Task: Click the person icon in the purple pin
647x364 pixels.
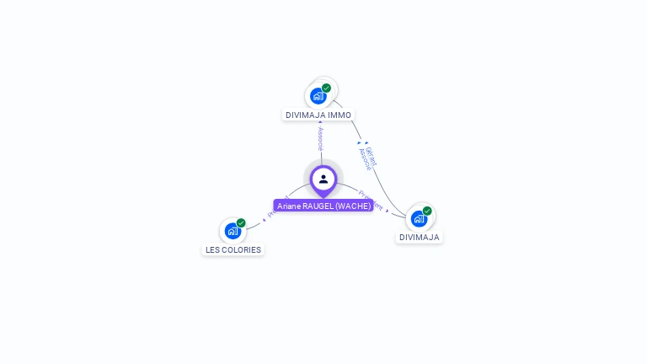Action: [x=323, y=179]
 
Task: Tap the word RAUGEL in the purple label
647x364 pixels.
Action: [x=317, y=206]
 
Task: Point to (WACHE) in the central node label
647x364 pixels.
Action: [x=353, y=206]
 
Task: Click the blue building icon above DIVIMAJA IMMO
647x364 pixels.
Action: [x=318, y=96]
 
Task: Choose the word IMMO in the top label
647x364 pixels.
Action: [x=340, y=115]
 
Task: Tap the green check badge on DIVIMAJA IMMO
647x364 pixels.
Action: [x=326, y=88]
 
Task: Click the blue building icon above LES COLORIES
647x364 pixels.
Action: [x=233, y=231]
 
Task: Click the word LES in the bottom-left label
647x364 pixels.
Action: [x=213, y=250]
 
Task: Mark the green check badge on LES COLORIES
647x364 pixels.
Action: [x=241, y=223]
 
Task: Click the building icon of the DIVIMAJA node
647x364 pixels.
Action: [x=419, y=218]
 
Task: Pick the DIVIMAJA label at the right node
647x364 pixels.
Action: [x=420, y=238]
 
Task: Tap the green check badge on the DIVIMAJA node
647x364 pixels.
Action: [x=427, y=211]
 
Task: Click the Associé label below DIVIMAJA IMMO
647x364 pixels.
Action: [x=320, y=138]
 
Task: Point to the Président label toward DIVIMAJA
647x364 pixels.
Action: [x=371, y=200]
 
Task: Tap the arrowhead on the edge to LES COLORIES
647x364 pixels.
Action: [x=264, y=220]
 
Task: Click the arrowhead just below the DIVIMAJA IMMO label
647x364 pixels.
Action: [x=320, y=123]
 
